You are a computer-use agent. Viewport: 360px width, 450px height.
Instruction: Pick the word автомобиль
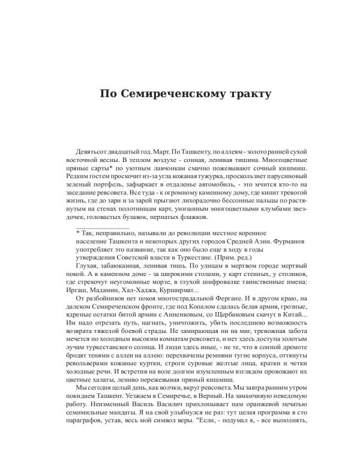pos(212,189)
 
